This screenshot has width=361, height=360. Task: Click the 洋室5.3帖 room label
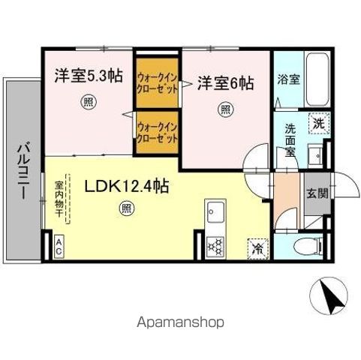click(x=87, y=76)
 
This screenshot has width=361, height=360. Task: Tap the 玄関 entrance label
click(x=317, y=192)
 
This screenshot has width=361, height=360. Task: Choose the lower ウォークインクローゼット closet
click(x=158, y=133)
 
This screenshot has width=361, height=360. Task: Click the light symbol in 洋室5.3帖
click(x=89, y=103)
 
